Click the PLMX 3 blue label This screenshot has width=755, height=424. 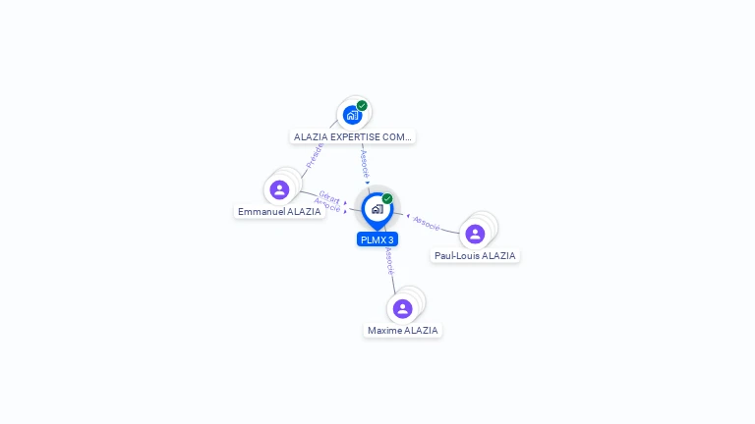(x=377, y=239)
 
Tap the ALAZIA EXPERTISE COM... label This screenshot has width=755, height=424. (x=353, y=137)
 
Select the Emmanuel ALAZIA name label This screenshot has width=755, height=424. (x=279, y=211)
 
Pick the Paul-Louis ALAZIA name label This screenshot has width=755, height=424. (x=475, y=256)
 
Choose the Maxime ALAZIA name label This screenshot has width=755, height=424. (x=402, y=331)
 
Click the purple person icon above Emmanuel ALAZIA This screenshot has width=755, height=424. (x=279, y=189)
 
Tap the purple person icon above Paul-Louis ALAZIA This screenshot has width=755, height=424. (x=475, y=234)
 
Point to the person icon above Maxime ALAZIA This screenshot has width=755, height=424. (x=402, y=308)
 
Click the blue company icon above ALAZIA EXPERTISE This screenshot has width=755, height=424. (x=352, y=115)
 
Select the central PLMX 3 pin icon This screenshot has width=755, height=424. (x=377, y=209)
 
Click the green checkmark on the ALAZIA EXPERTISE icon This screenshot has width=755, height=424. (x=362, y=106)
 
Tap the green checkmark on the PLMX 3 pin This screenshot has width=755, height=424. (x=387, y=199)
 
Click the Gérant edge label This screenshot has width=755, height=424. (x=329, y=198)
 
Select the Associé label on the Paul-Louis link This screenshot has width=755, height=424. (x=427, y=224)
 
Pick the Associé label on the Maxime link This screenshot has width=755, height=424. (x=389, y=259)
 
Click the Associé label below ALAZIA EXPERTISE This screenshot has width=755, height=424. (x=365, y=162)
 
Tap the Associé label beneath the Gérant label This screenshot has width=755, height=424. (x=327, y=206)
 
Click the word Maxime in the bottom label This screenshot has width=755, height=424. (x=384, y=331)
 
